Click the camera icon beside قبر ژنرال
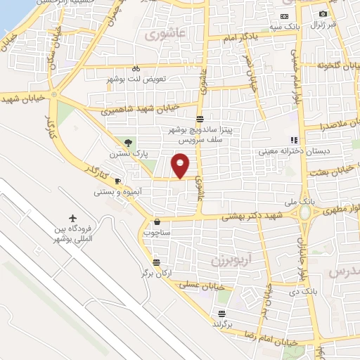coord(323,14)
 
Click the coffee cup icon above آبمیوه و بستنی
coord(117,181)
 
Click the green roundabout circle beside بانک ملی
coord(306,212)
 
